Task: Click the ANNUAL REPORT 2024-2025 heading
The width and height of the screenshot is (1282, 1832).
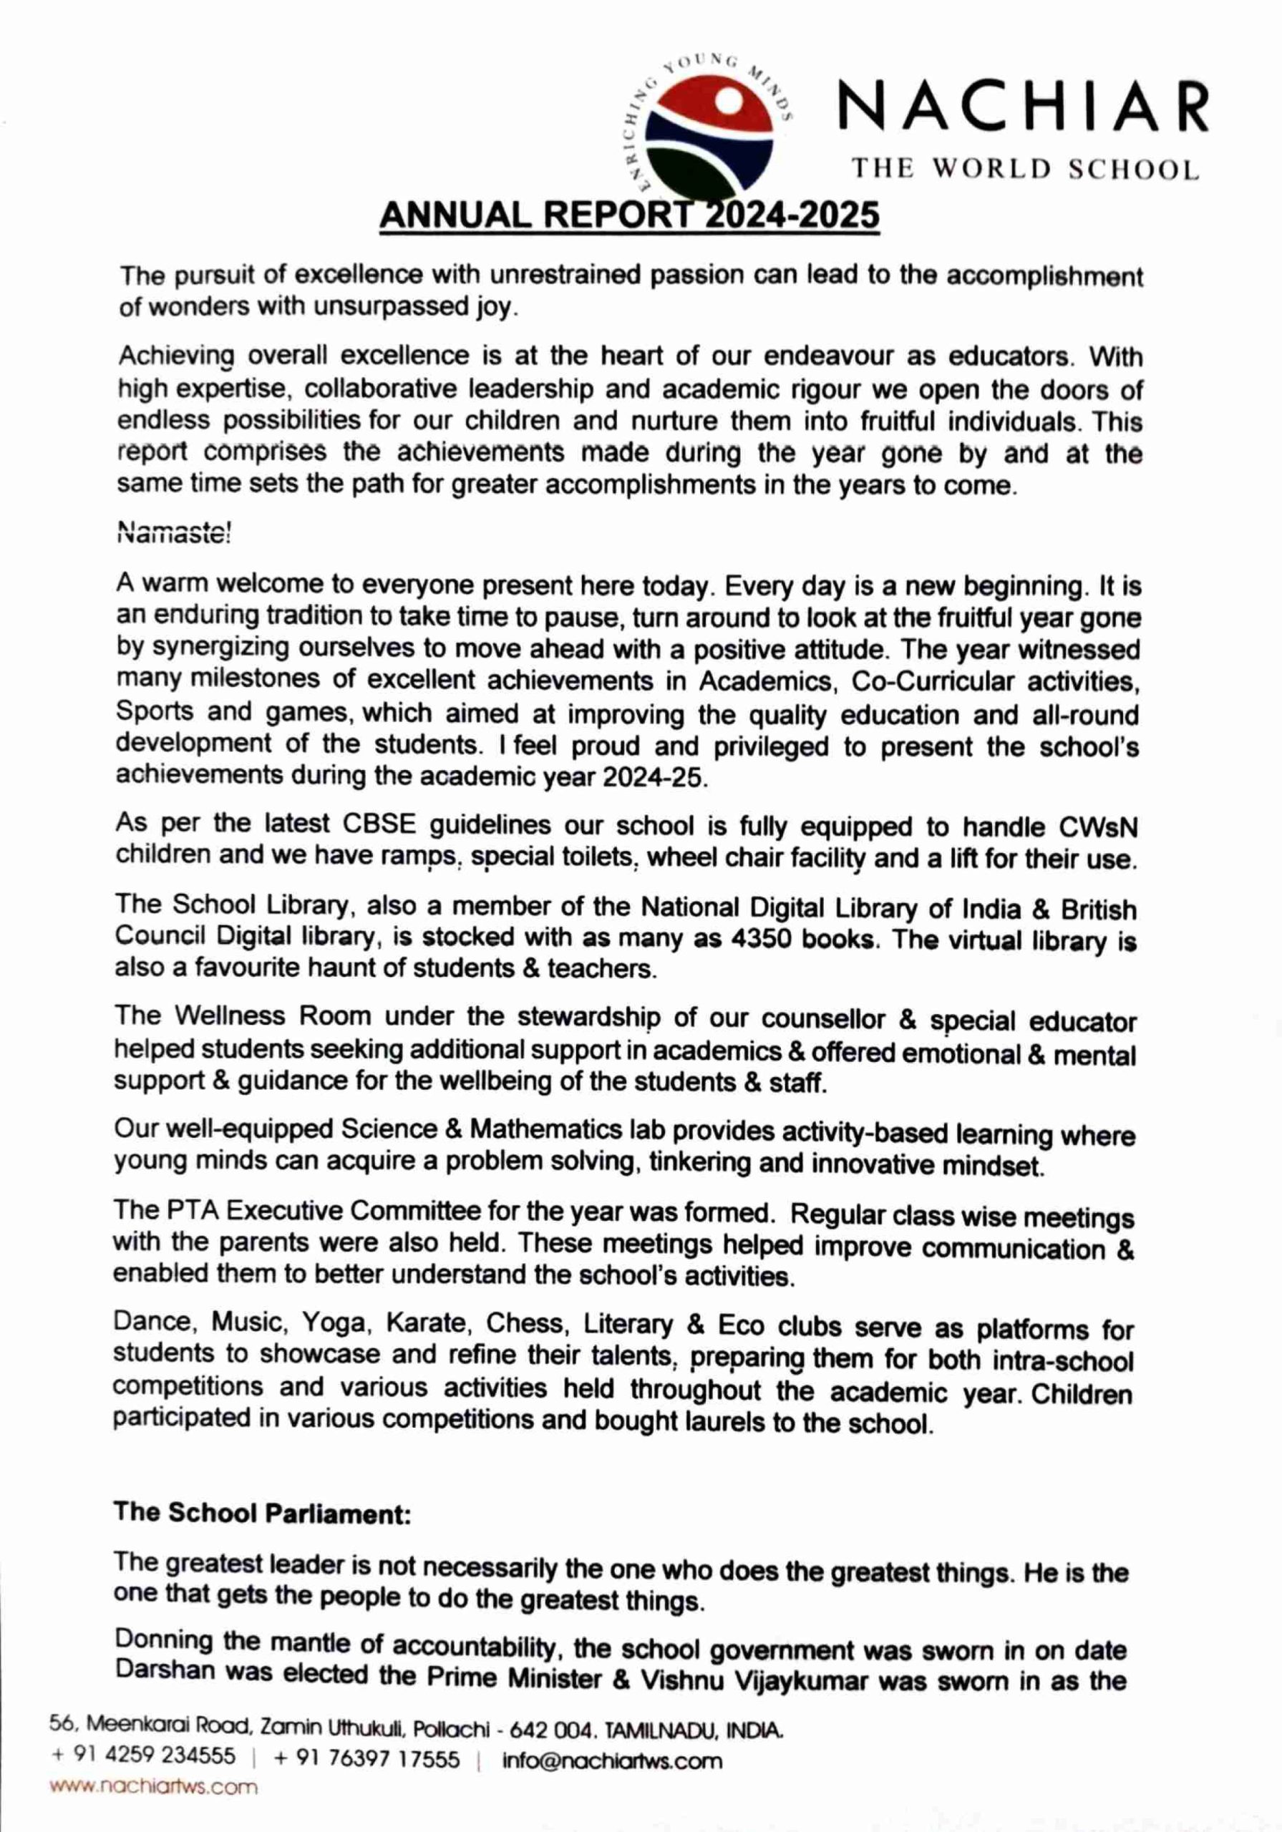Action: pyautogui.click(x=629, y=215)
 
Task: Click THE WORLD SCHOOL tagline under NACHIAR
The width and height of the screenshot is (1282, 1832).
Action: pyautogui.click(x=1025, y=169)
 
